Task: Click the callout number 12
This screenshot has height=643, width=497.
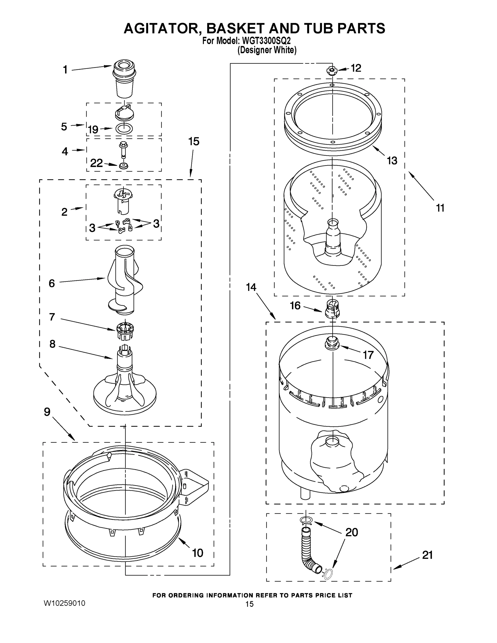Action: pos(356,68)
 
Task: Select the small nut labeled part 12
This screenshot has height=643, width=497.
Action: pos(332,71)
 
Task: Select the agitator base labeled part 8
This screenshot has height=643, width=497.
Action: pos(125,383)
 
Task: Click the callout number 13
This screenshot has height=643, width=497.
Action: pos(392,160)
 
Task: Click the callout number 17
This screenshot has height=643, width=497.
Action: pos(368,355)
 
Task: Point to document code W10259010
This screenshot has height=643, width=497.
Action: pos(65,603)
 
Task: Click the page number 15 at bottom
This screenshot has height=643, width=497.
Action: pos(249,604)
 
